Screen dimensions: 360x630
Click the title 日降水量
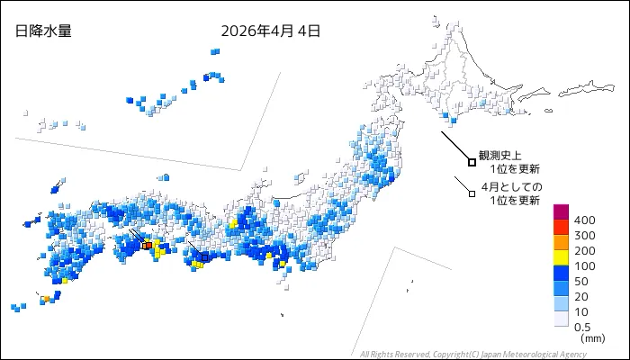(x=43, y=31)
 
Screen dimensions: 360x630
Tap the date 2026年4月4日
(x=270, y=31)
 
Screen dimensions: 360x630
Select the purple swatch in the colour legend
(x=561, y=211)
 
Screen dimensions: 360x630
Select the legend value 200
(x=585, y=251)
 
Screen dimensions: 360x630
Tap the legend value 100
(x=585, y=266)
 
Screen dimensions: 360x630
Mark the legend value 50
(x=581, y=282)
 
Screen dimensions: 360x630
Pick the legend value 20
(x=581, y=296)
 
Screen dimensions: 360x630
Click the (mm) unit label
(x=592, y=339)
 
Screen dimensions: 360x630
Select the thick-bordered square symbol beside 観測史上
(x=472, y=162)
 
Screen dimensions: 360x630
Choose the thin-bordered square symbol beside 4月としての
(x=471, y=192)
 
